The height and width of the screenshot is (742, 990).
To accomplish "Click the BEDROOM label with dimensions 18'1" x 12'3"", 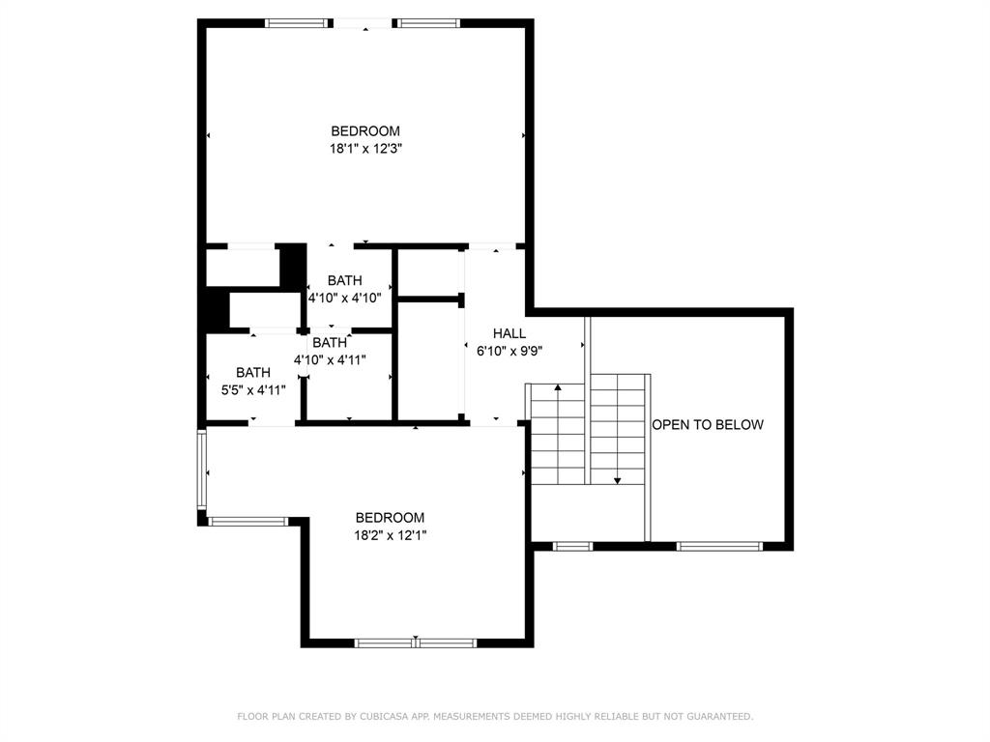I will pos(365,131).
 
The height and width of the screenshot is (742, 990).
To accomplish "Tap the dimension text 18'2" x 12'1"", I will pos(391,535).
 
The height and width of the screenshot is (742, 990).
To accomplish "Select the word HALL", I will pos(510,333).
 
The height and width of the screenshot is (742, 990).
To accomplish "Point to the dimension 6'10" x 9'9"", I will pos(510,351).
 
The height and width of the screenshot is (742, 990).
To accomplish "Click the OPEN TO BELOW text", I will pos(708,424).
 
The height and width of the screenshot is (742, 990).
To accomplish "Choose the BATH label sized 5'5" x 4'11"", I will pos(253,372).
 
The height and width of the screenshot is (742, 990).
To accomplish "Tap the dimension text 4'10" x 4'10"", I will pos(345,299).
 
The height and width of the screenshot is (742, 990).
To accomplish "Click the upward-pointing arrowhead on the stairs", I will pos(558,388).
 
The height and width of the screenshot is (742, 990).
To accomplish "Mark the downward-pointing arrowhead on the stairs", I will pos(618,479).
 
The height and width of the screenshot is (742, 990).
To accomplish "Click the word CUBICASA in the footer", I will pos(386,716).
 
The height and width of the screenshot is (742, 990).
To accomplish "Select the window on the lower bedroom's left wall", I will pos(202,470).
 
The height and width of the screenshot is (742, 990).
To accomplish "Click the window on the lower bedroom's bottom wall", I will pos(416,642).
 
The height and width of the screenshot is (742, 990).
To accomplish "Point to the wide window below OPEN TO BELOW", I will pos(719,546).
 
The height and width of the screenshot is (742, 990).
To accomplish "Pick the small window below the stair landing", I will pos(572,546).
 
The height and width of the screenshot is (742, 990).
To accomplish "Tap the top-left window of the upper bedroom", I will pos(301,23).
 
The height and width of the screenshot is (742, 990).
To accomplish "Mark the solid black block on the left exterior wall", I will pos(214,311).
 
